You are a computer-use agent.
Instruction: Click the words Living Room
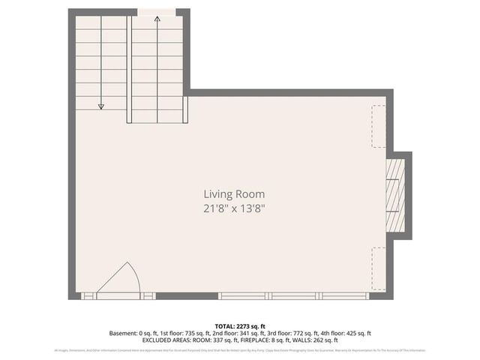pyautogui.click(x=234, y=193)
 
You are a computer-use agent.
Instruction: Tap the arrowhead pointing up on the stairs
pyautogui.click(x=157, y=19)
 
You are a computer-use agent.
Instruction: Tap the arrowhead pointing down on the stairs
pyautogui.click(x=101, y=106)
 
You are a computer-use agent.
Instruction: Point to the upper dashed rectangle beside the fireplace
pyautogui.click(x=379, y=126)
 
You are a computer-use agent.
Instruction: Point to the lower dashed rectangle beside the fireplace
pyautogui.click(x=379, y=267)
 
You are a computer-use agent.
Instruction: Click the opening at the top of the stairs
pyautogui.click(x=157, y=11)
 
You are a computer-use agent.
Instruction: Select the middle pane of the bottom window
pyautogui.click(x=296, y=296)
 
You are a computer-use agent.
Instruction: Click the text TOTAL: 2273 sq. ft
pyautogui.click(x=240, y=326)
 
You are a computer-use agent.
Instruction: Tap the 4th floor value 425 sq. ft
pyautogui.click(x=356, y=333)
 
